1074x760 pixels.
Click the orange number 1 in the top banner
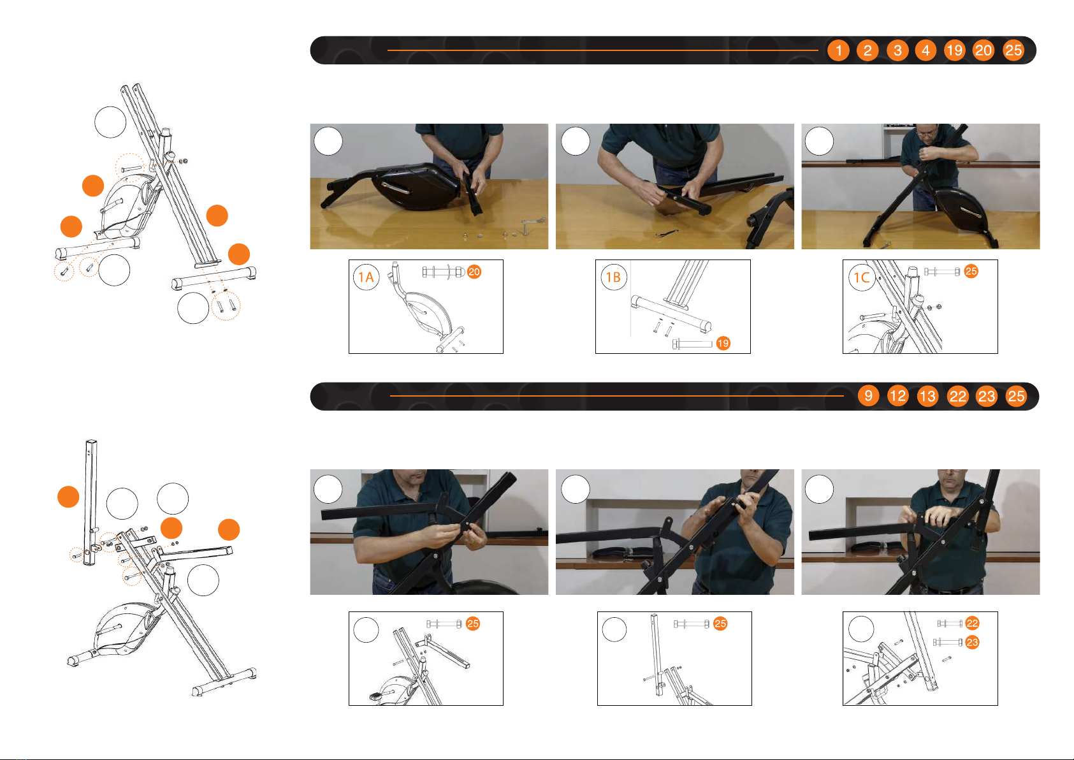click(x=838, y=50)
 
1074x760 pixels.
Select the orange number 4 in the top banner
click(x=925, y=50)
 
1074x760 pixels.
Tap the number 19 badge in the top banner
click(x=954, y=50)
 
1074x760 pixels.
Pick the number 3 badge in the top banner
click(x=897, y=50)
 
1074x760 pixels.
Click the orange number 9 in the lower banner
click(x=868, y=395)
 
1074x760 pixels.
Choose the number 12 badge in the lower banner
click(x=897, y=395)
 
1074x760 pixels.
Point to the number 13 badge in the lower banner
click(x=927, y=396)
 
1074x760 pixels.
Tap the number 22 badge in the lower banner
click(x=957, y=396)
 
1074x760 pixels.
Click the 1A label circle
click(x=366, y=277)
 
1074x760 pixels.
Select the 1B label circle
click(x=614, y=277)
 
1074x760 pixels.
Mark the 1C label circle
click(x=862, y=277)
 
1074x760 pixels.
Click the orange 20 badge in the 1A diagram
click(x=474, y=272)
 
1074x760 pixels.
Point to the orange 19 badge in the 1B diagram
click(x=723, y=343)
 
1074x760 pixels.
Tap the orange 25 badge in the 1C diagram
click(x=971, y=272)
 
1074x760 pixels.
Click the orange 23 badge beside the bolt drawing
click(x=972, y=643)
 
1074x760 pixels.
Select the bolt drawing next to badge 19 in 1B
click(x=692, y=344)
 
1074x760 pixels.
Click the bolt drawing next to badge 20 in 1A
click(x=443, y=272)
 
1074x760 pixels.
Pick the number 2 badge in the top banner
click(x=867, y=50)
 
